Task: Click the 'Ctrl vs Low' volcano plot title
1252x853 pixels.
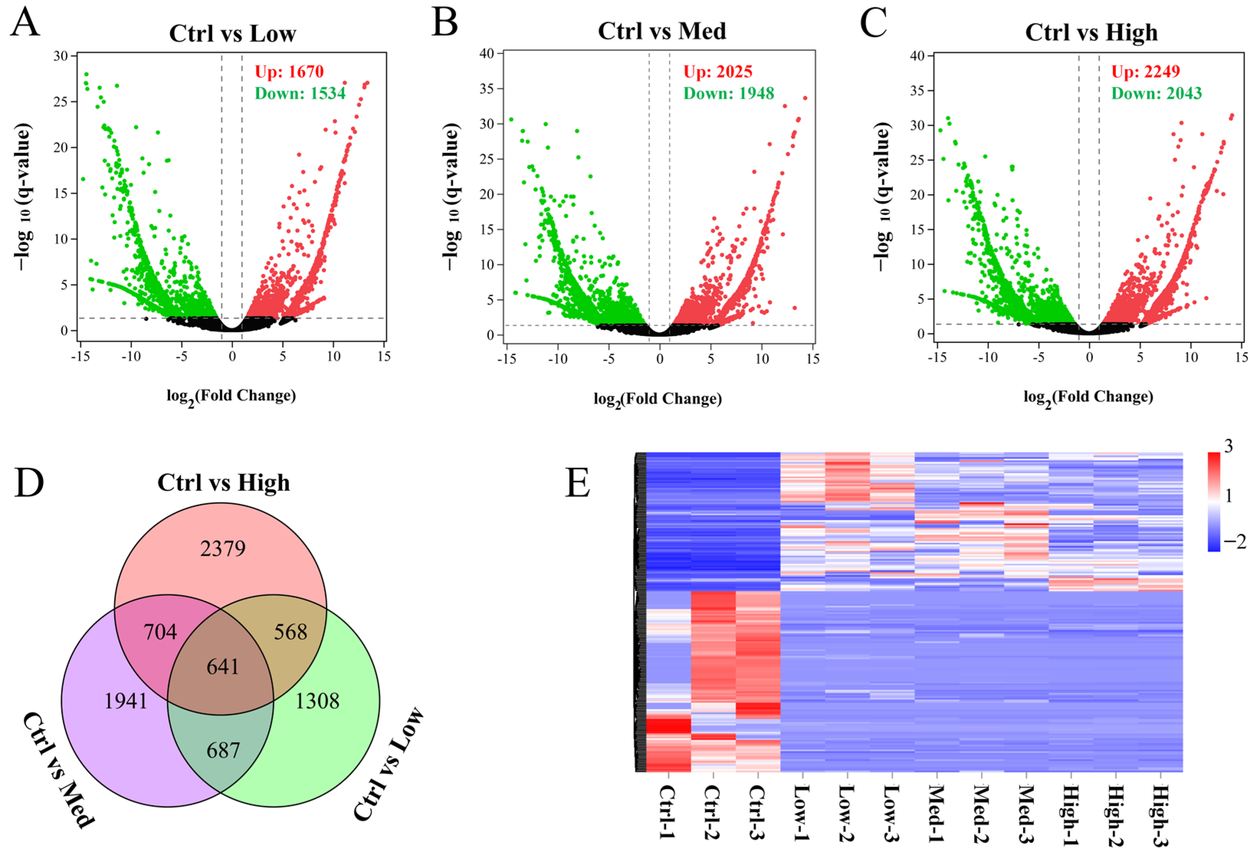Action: click(x=232, y=33)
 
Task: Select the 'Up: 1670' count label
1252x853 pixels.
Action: click(x=289, y=72)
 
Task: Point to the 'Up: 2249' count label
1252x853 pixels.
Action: click(x=1146, y=72)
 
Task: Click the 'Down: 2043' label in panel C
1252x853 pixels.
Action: click(x=1157, y=94)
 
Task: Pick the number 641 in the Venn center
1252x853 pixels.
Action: click(x=223, y=666)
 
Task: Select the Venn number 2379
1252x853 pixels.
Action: click(x=223, y=549)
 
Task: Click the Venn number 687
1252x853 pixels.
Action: click(x=223, y=750)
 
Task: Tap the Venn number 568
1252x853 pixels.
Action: click(x=290, y=632)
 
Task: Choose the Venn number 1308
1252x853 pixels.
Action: click(x=317, y=701)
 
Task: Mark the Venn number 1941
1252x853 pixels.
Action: click(x=126, y=701)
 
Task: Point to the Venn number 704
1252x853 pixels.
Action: click(x=160, y=632)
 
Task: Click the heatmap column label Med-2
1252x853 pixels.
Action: click(x=982, y=811)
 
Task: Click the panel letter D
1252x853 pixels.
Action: click(x=29, y=483)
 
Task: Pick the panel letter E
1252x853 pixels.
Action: click(x=577, y=483)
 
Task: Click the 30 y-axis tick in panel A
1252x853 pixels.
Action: click(x=61, y=56)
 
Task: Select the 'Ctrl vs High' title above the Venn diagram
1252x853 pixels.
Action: click(x=224, y=483)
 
